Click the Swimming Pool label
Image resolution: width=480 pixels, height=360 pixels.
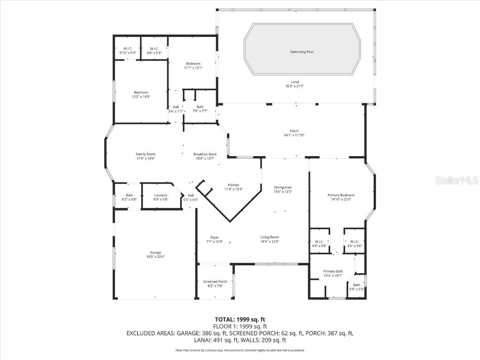pos(301,52)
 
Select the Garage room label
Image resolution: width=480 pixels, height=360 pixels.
pos(155,253)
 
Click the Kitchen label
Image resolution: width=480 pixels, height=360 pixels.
pos(233,185)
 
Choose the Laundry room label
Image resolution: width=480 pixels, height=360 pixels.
pos(161,195)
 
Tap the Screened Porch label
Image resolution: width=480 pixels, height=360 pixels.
pos(215,281)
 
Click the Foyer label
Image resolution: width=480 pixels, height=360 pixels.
pos(214,237)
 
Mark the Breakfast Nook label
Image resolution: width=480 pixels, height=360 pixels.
pos(205,154)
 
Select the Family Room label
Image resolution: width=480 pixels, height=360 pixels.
pos(145,154)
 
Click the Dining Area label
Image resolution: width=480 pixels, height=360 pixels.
pos(283,187)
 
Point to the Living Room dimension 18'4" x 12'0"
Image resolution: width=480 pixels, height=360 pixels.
pos(270,242)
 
